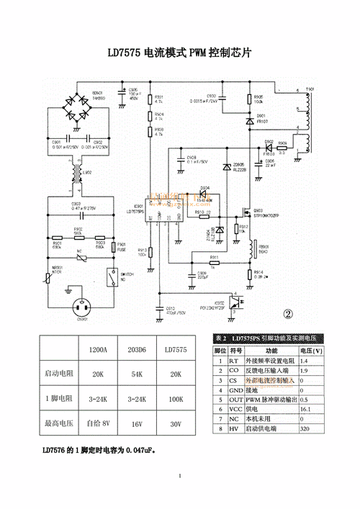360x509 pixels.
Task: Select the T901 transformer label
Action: [310, 90]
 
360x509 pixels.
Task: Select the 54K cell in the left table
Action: [137, 374]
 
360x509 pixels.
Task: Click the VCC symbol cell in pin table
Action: [233, 408]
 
